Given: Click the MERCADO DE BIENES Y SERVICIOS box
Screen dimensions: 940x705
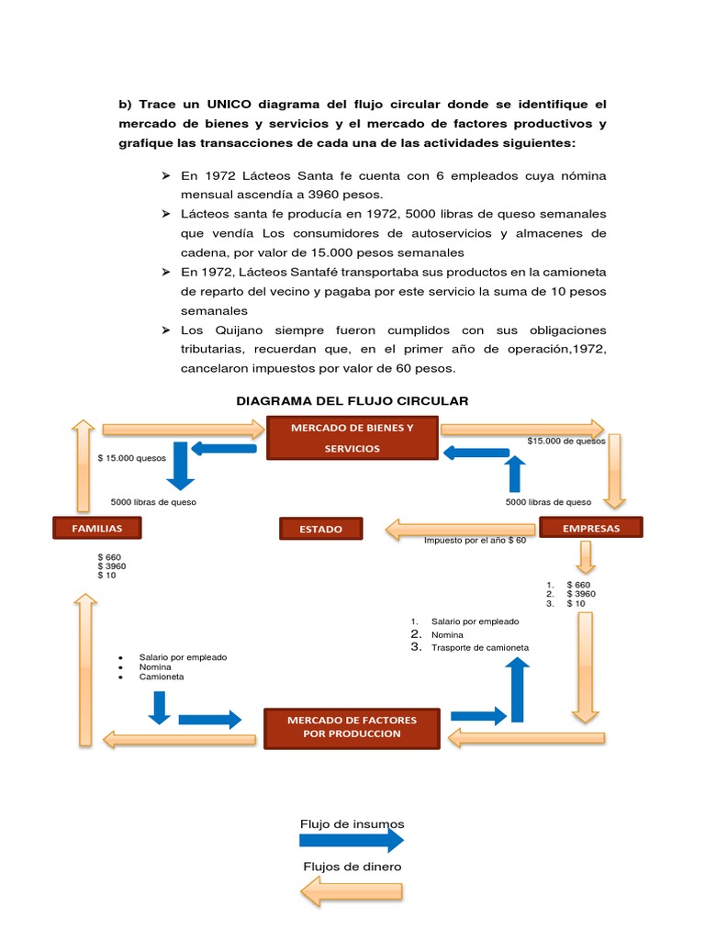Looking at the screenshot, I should [x=352, y=438].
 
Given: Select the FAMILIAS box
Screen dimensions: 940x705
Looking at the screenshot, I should [x=98, y=528].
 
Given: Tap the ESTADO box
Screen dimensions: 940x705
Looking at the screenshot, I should [x=321, y=529].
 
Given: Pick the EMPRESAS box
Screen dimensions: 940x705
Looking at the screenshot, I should [x=590, y=528].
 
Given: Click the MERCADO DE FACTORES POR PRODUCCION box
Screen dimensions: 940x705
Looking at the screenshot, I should [x=352, y=727].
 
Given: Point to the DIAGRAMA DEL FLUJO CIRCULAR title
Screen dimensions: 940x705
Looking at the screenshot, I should [x=352, y=401].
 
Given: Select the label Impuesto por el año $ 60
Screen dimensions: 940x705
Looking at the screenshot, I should [x=475, y=541].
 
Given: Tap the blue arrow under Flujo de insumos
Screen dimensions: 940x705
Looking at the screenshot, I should [x=352, y=840].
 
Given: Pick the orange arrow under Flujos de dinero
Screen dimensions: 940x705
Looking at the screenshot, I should [x=352, y=890].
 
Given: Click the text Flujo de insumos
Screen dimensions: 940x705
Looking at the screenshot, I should [x=352, y=823].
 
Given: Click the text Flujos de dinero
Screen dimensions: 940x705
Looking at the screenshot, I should [x=352, y=867].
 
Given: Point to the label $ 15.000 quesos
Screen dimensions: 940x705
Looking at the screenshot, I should [x=131, y=457].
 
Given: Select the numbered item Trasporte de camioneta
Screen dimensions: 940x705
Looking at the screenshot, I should [x=480, y=647].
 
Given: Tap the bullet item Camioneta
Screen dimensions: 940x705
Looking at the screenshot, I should [x=162, y=677].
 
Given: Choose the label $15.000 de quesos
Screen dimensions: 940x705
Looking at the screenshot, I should [x=566, y=441].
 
